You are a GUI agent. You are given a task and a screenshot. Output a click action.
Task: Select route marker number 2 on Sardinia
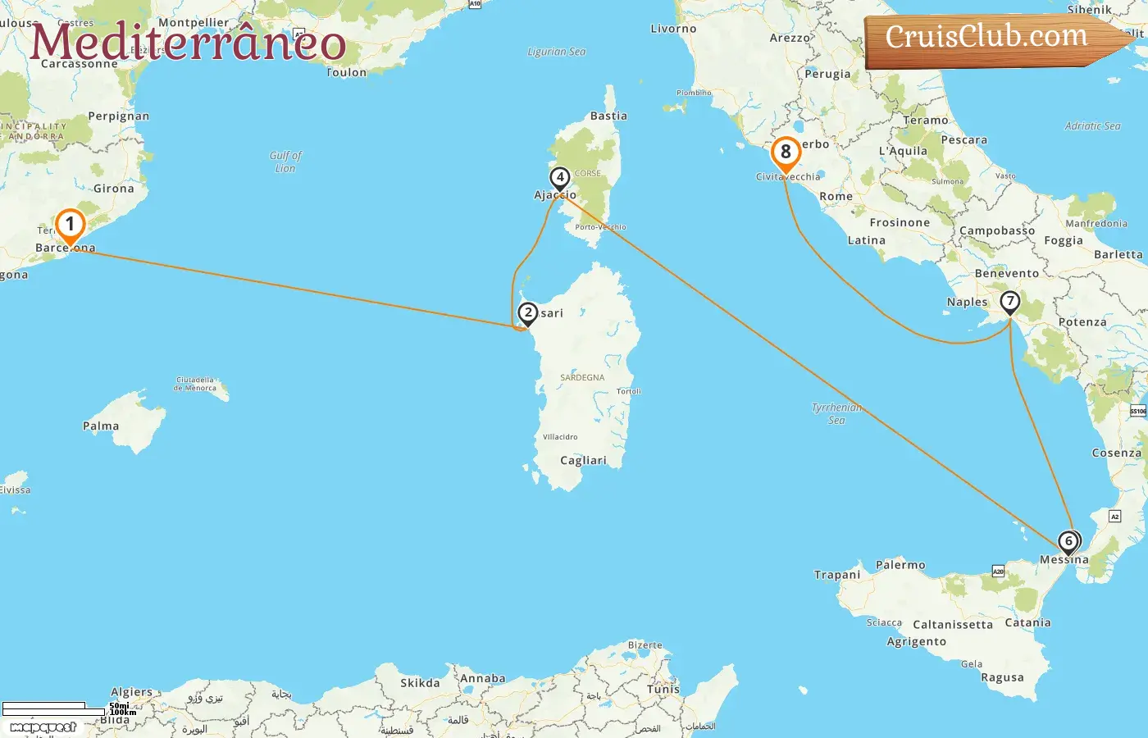528,312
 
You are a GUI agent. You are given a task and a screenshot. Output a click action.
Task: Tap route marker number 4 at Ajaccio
559,178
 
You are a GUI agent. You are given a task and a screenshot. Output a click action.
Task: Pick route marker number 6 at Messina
1068,542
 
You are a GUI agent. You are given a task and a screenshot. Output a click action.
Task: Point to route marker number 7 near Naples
1009,302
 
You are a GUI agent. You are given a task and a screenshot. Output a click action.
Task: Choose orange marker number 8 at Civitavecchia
786,153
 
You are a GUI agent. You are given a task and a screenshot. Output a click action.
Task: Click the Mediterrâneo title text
188,43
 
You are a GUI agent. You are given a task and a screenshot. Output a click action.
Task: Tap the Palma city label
101,426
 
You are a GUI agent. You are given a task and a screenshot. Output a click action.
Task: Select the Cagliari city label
583,461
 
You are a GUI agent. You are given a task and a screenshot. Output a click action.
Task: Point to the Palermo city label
900,565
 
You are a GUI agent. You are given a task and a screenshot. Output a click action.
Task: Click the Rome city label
836,197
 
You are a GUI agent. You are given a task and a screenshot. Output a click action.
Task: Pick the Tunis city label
663,690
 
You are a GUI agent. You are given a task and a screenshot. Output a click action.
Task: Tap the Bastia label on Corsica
608,116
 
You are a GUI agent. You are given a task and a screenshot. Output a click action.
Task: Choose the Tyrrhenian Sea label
836,413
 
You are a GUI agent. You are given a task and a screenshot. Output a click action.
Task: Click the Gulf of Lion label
285,162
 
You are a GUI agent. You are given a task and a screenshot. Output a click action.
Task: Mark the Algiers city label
131,692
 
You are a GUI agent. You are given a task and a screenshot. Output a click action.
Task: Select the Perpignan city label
119,116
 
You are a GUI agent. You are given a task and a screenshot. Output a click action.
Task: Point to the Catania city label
1027,623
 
